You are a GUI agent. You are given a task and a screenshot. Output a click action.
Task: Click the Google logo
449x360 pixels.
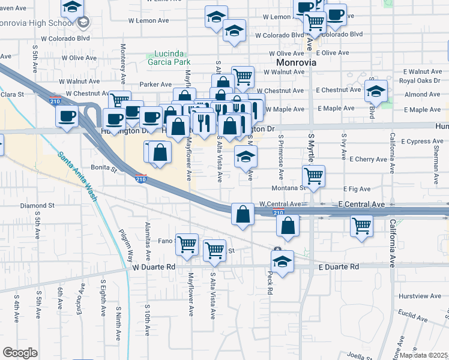[x=20, y=352]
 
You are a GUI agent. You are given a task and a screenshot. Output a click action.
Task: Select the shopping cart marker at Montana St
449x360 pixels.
[x=314, y=176]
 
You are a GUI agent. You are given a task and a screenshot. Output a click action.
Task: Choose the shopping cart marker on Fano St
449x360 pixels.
[x=187, y=244]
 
